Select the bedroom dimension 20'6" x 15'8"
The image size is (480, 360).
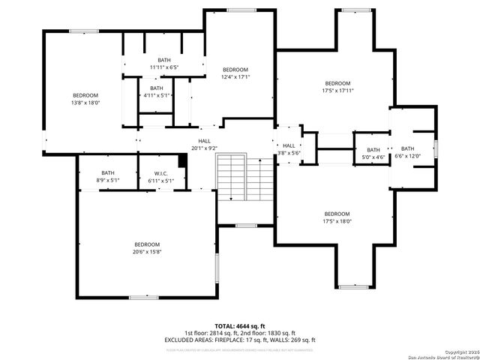(x=147, y=251)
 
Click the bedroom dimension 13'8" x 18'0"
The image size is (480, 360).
(x=85, y=102)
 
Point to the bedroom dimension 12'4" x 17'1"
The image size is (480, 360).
(x=235, y=76)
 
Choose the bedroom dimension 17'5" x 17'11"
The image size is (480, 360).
(x=337, y=90)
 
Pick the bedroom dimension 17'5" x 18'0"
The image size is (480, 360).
(x=337, y=220)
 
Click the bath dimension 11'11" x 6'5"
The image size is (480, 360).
(x=163, y=67)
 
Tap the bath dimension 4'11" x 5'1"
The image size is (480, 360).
(x=156, y=95)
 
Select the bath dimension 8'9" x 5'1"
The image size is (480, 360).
(x=108, y=180)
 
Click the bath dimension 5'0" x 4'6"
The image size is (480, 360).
(x=373, y=157)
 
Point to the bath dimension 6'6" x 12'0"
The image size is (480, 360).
(x=407, y=156)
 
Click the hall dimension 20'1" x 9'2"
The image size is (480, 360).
(x=204, y=148)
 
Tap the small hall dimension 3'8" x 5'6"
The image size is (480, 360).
(x=289, y=152)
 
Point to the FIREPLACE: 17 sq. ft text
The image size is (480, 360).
(x=238, y=340)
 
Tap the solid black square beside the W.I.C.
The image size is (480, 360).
(x=181, y=161)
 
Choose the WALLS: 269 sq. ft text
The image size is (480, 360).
(x=289, y=340)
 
